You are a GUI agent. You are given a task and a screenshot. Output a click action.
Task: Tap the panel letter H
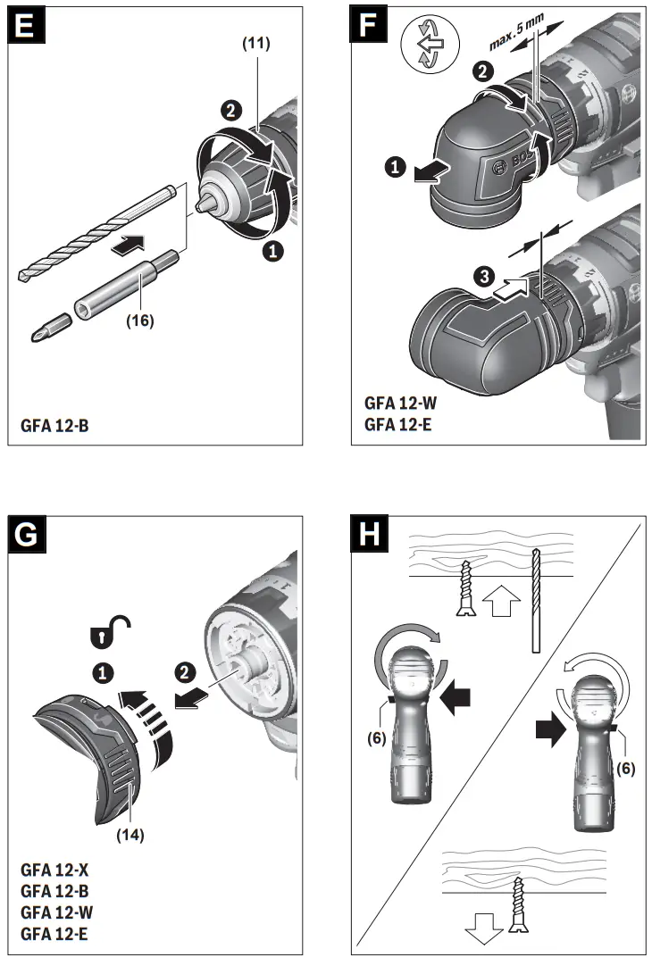click(369, 537)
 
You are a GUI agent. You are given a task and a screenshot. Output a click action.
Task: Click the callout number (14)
click(130, 836)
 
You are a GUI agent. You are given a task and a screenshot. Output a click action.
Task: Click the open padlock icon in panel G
click(105, 629)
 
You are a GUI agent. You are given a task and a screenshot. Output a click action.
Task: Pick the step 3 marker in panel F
click(480, 277)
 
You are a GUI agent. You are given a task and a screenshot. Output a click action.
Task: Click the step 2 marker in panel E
click(230, 110)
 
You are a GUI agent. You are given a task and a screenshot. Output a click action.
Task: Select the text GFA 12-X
click(55, 868)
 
